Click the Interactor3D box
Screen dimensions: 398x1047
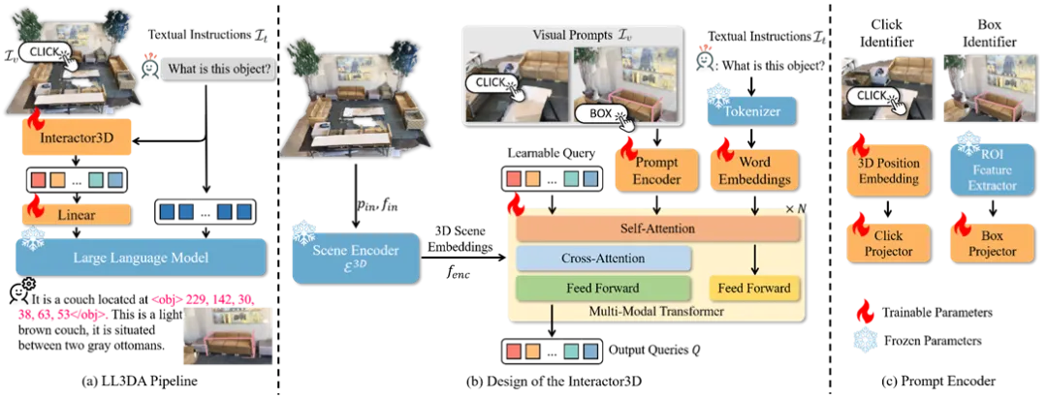pos(76,138)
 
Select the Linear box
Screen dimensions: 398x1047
pos(76,214)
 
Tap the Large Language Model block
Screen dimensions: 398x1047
pos(141,258)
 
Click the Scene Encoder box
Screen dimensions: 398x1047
pos(356,257)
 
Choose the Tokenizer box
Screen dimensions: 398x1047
pos(750,110)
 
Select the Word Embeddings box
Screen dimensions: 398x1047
pos(753,168)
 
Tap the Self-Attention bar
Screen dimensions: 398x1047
pos(659,229)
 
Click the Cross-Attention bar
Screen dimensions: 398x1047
pos(603,259)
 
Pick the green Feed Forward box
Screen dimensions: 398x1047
pos(603,288)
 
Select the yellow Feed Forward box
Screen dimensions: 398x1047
pos(755,288)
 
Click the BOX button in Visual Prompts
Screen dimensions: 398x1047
pos(602,113)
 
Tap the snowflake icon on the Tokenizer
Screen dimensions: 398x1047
pos(718,95)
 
